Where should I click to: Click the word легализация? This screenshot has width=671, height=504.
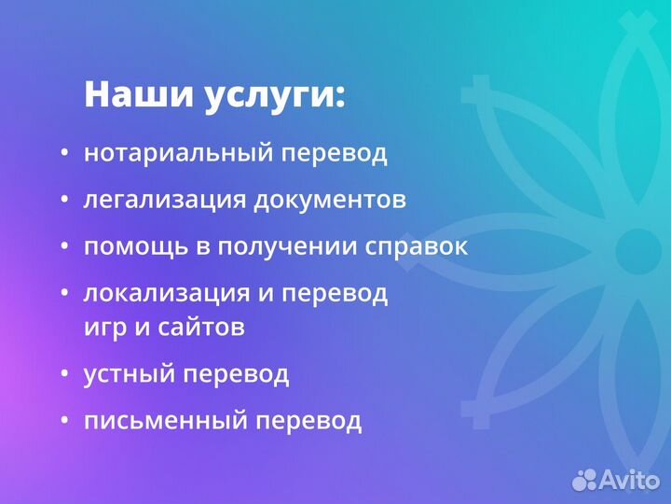[x=165, y=201]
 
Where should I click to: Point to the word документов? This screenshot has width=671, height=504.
[x=330, y=201]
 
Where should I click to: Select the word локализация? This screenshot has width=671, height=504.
[x=167, y=293]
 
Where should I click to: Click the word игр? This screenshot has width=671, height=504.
[x=103, y=328]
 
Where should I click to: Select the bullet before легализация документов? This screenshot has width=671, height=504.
[x=64, y=201]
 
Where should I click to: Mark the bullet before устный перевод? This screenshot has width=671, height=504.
[x=64, y=374]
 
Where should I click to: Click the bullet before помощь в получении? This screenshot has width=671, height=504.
[x=64, y=247]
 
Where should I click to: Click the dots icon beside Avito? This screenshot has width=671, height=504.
[x=585, y=479]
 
